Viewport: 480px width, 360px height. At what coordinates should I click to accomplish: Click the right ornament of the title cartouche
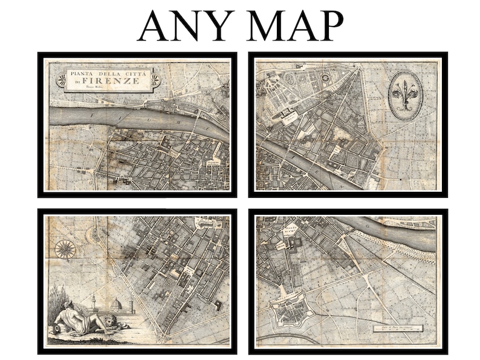155,79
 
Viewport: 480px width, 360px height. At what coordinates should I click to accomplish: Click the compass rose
65,249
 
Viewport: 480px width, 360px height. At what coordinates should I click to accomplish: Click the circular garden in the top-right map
326,77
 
